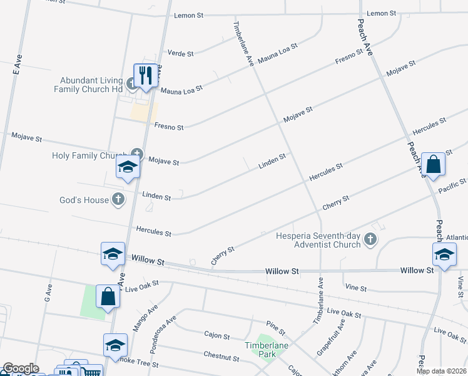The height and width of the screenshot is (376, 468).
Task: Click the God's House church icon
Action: [x=118, y=200]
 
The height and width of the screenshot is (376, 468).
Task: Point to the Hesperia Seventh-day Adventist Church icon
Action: [x=370, y=238]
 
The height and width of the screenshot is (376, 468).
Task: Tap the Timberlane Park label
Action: [x=260, y=350]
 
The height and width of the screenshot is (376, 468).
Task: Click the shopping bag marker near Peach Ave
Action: [x=433, y=165]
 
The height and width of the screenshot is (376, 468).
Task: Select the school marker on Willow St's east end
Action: [x=444, y=254]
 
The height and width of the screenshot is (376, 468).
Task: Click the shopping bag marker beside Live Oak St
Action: [x=108, y=296]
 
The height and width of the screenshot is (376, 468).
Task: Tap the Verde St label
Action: [x=181, y=54]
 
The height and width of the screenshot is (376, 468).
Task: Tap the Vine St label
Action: [x=355, y=287]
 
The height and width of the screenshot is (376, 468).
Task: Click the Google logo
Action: [x=21, y=368]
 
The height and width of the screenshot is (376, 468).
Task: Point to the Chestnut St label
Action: [x=221, y=356]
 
